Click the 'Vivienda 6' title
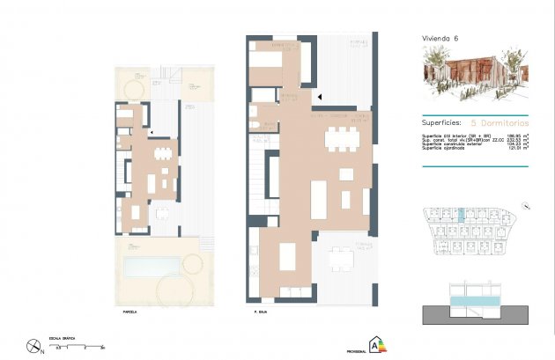[440, 39]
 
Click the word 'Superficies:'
[443, 124]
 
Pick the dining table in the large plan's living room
[341, 140]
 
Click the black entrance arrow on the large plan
[321, 97]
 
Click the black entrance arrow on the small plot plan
[152, 133]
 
